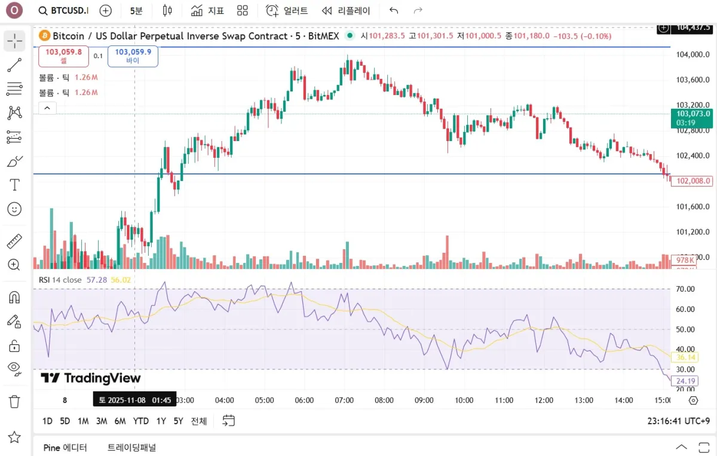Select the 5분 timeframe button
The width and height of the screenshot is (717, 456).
pyautogui.click(x=136, y=11)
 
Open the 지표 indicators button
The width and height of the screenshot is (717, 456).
pyautogui.click(x=207, y=11)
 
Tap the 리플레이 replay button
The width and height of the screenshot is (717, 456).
pyautogui.click(x=346, y=11)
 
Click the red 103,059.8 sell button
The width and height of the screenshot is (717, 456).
pyautogui.click(x=63, y=56)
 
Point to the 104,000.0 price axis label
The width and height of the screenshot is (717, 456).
pyautogui.click(x=692, y=54)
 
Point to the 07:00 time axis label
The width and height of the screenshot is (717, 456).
pyautogui.click(x=344, y=400)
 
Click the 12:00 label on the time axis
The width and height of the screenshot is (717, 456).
pyautogui.click(x=544, y=400)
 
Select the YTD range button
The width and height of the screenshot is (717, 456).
pyautogui.click(x=141, y=421)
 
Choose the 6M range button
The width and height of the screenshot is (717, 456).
pyautogui.click(x=120, y=421)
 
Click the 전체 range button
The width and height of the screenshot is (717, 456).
pyautogui.click(x=198, y=421)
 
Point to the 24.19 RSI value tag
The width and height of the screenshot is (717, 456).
pyautogui.click(x=684, y=381)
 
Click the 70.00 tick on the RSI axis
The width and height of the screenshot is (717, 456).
pyautogui.click(x=684, y=289)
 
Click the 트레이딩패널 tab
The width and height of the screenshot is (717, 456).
pyautogui.click(x=131, y=447)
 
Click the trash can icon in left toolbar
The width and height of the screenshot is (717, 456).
pyautogui.click(x=14, y=401)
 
